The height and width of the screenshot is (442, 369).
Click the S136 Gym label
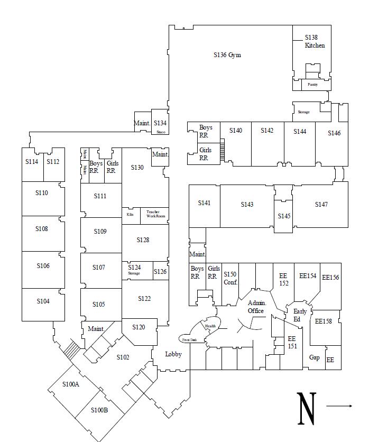point(227,55)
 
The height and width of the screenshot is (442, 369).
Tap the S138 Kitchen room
point(312,42)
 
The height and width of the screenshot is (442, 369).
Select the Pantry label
point(312,85)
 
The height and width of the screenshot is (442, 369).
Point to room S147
point(321,205)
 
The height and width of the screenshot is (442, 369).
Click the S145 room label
point(284,216)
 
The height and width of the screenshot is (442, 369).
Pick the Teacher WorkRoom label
point(156,214)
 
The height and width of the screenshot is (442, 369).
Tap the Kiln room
point(130,215)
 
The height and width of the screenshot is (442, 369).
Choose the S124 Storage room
point(134,270)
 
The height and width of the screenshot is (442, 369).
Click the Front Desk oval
point(190,339)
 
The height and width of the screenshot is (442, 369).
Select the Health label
point(210,326)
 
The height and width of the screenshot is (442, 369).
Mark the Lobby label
point(173,354)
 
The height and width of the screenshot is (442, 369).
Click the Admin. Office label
point(256,307)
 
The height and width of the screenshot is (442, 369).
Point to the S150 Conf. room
point(230,278)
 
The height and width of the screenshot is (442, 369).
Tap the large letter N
point(307,408)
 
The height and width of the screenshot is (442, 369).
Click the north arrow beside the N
point(339,406)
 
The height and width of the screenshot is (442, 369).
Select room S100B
point(99,410)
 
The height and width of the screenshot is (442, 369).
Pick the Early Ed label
point(300,315)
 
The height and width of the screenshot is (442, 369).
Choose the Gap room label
point(314,358)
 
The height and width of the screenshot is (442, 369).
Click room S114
point(32,162)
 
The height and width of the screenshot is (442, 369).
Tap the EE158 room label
point(323,321)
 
